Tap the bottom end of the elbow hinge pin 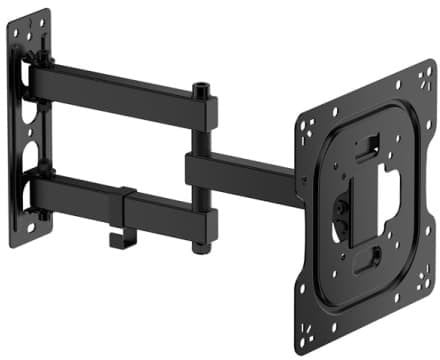[x=205, y=246]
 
